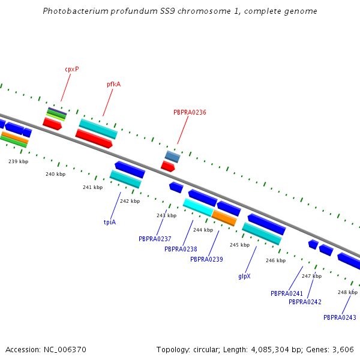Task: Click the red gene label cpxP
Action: click(72, 69)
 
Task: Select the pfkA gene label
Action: click(114, 85)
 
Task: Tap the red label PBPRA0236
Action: click(190, 112)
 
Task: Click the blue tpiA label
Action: click(110, 222)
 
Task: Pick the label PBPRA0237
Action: click(155, 239)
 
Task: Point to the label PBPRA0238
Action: click(181, 249)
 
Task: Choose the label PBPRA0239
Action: click(206, 259)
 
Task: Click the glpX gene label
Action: click(244, 277)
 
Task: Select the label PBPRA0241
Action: click(287, 294)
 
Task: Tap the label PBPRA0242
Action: click(305, 302)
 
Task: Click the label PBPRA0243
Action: click(340, 317)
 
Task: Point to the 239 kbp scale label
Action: click(19, 161)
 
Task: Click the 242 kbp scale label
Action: click(130, 201)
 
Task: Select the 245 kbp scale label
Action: click(239, 245)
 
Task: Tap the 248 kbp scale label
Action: click(347, 292)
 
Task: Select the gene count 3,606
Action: click(343, 349)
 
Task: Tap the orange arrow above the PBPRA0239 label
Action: click(224, 218)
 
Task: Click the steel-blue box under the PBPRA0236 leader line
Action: click(172, 157)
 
